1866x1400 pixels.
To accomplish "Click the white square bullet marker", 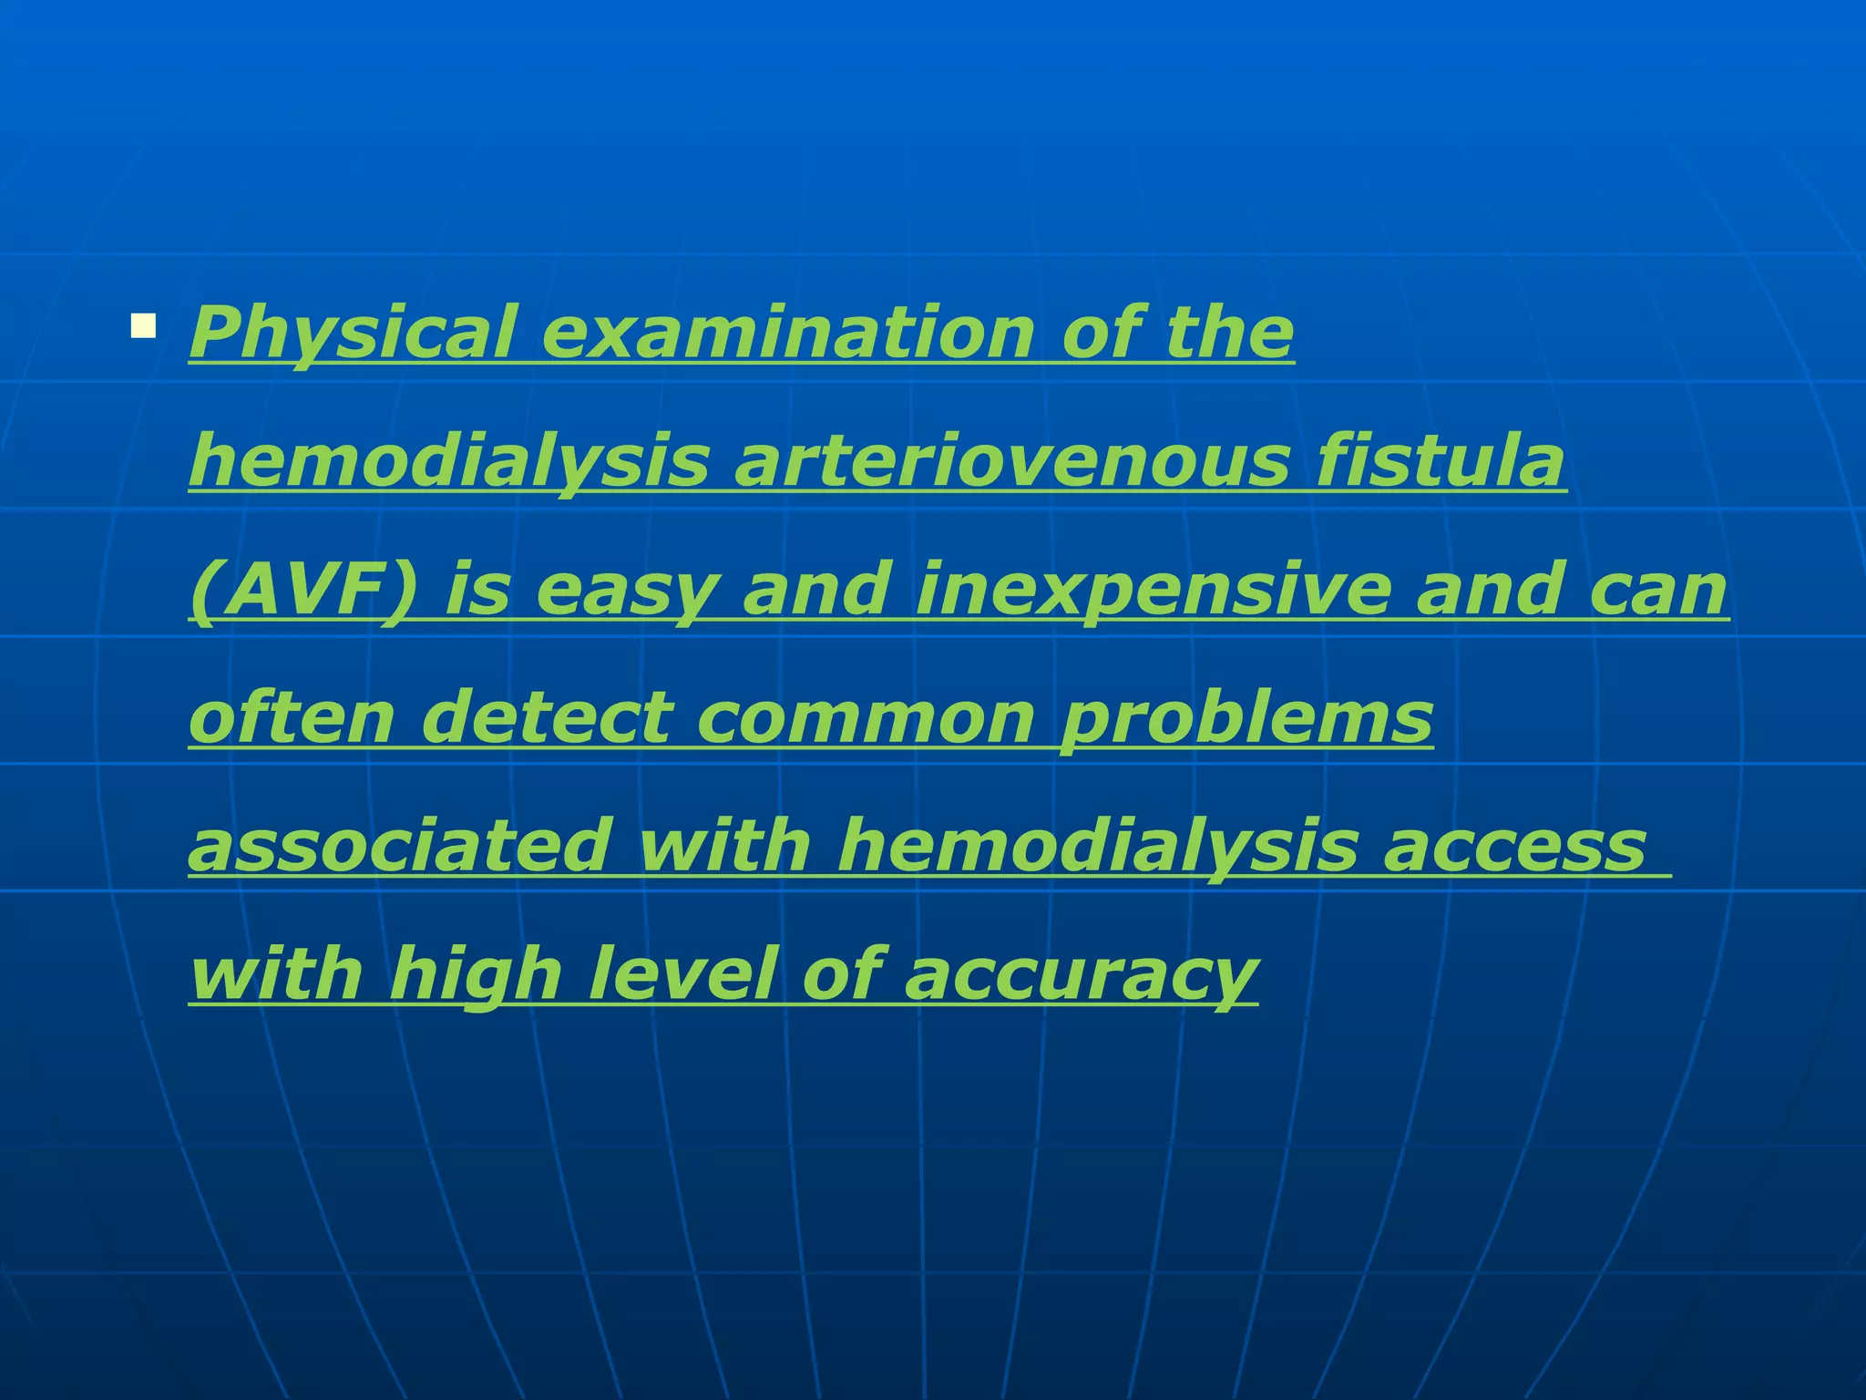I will [x=143, y=326].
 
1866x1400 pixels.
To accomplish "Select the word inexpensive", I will [x=1153, y=590].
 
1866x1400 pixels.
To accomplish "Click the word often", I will [x=292, y=716].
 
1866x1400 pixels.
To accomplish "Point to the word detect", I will [x=547, y=716].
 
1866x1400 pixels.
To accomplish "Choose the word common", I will [x=866, y=718].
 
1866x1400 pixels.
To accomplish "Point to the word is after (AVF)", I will [x=477, y=590].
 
